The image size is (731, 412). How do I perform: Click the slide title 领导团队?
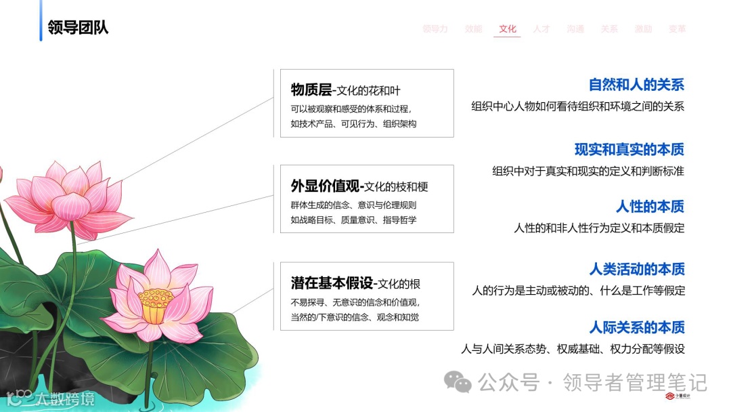point(78,28)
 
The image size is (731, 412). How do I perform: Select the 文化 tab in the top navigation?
point(508,29)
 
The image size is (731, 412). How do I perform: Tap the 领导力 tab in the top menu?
point(435,29)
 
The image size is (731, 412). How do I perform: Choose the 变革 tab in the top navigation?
point(677,29)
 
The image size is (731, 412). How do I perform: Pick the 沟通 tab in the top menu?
point(575,29)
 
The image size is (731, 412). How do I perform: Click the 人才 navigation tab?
point(541,29)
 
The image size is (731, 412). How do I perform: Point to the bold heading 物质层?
point(311,90)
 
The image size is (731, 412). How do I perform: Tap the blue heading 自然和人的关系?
point(636,85)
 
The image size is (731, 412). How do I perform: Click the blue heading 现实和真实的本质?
point(629,149)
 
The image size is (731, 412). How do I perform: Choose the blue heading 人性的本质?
point(650,206)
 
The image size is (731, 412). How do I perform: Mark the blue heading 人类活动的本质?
point(636,269)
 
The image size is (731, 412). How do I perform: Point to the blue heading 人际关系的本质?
point(636,327)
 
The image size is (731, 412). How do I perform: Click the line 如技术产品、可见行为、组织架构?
point(353,124)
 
